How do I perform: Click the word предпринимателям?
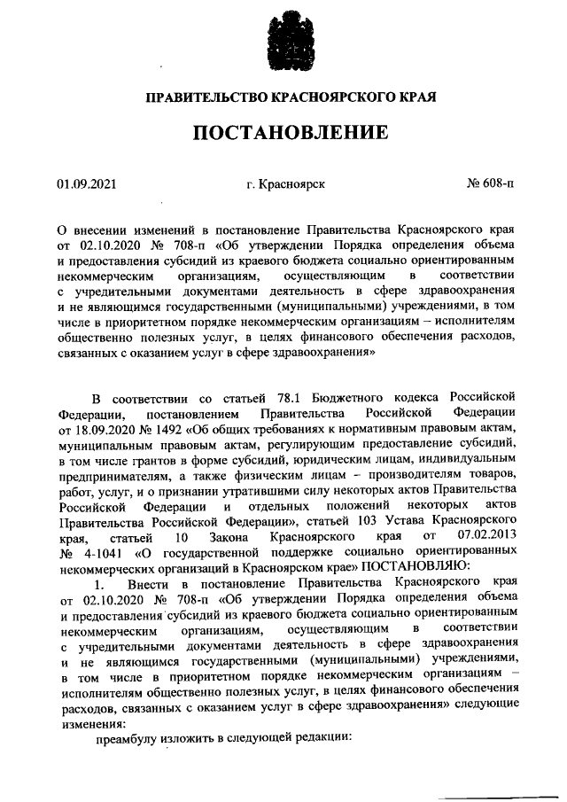pos(111,477)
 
